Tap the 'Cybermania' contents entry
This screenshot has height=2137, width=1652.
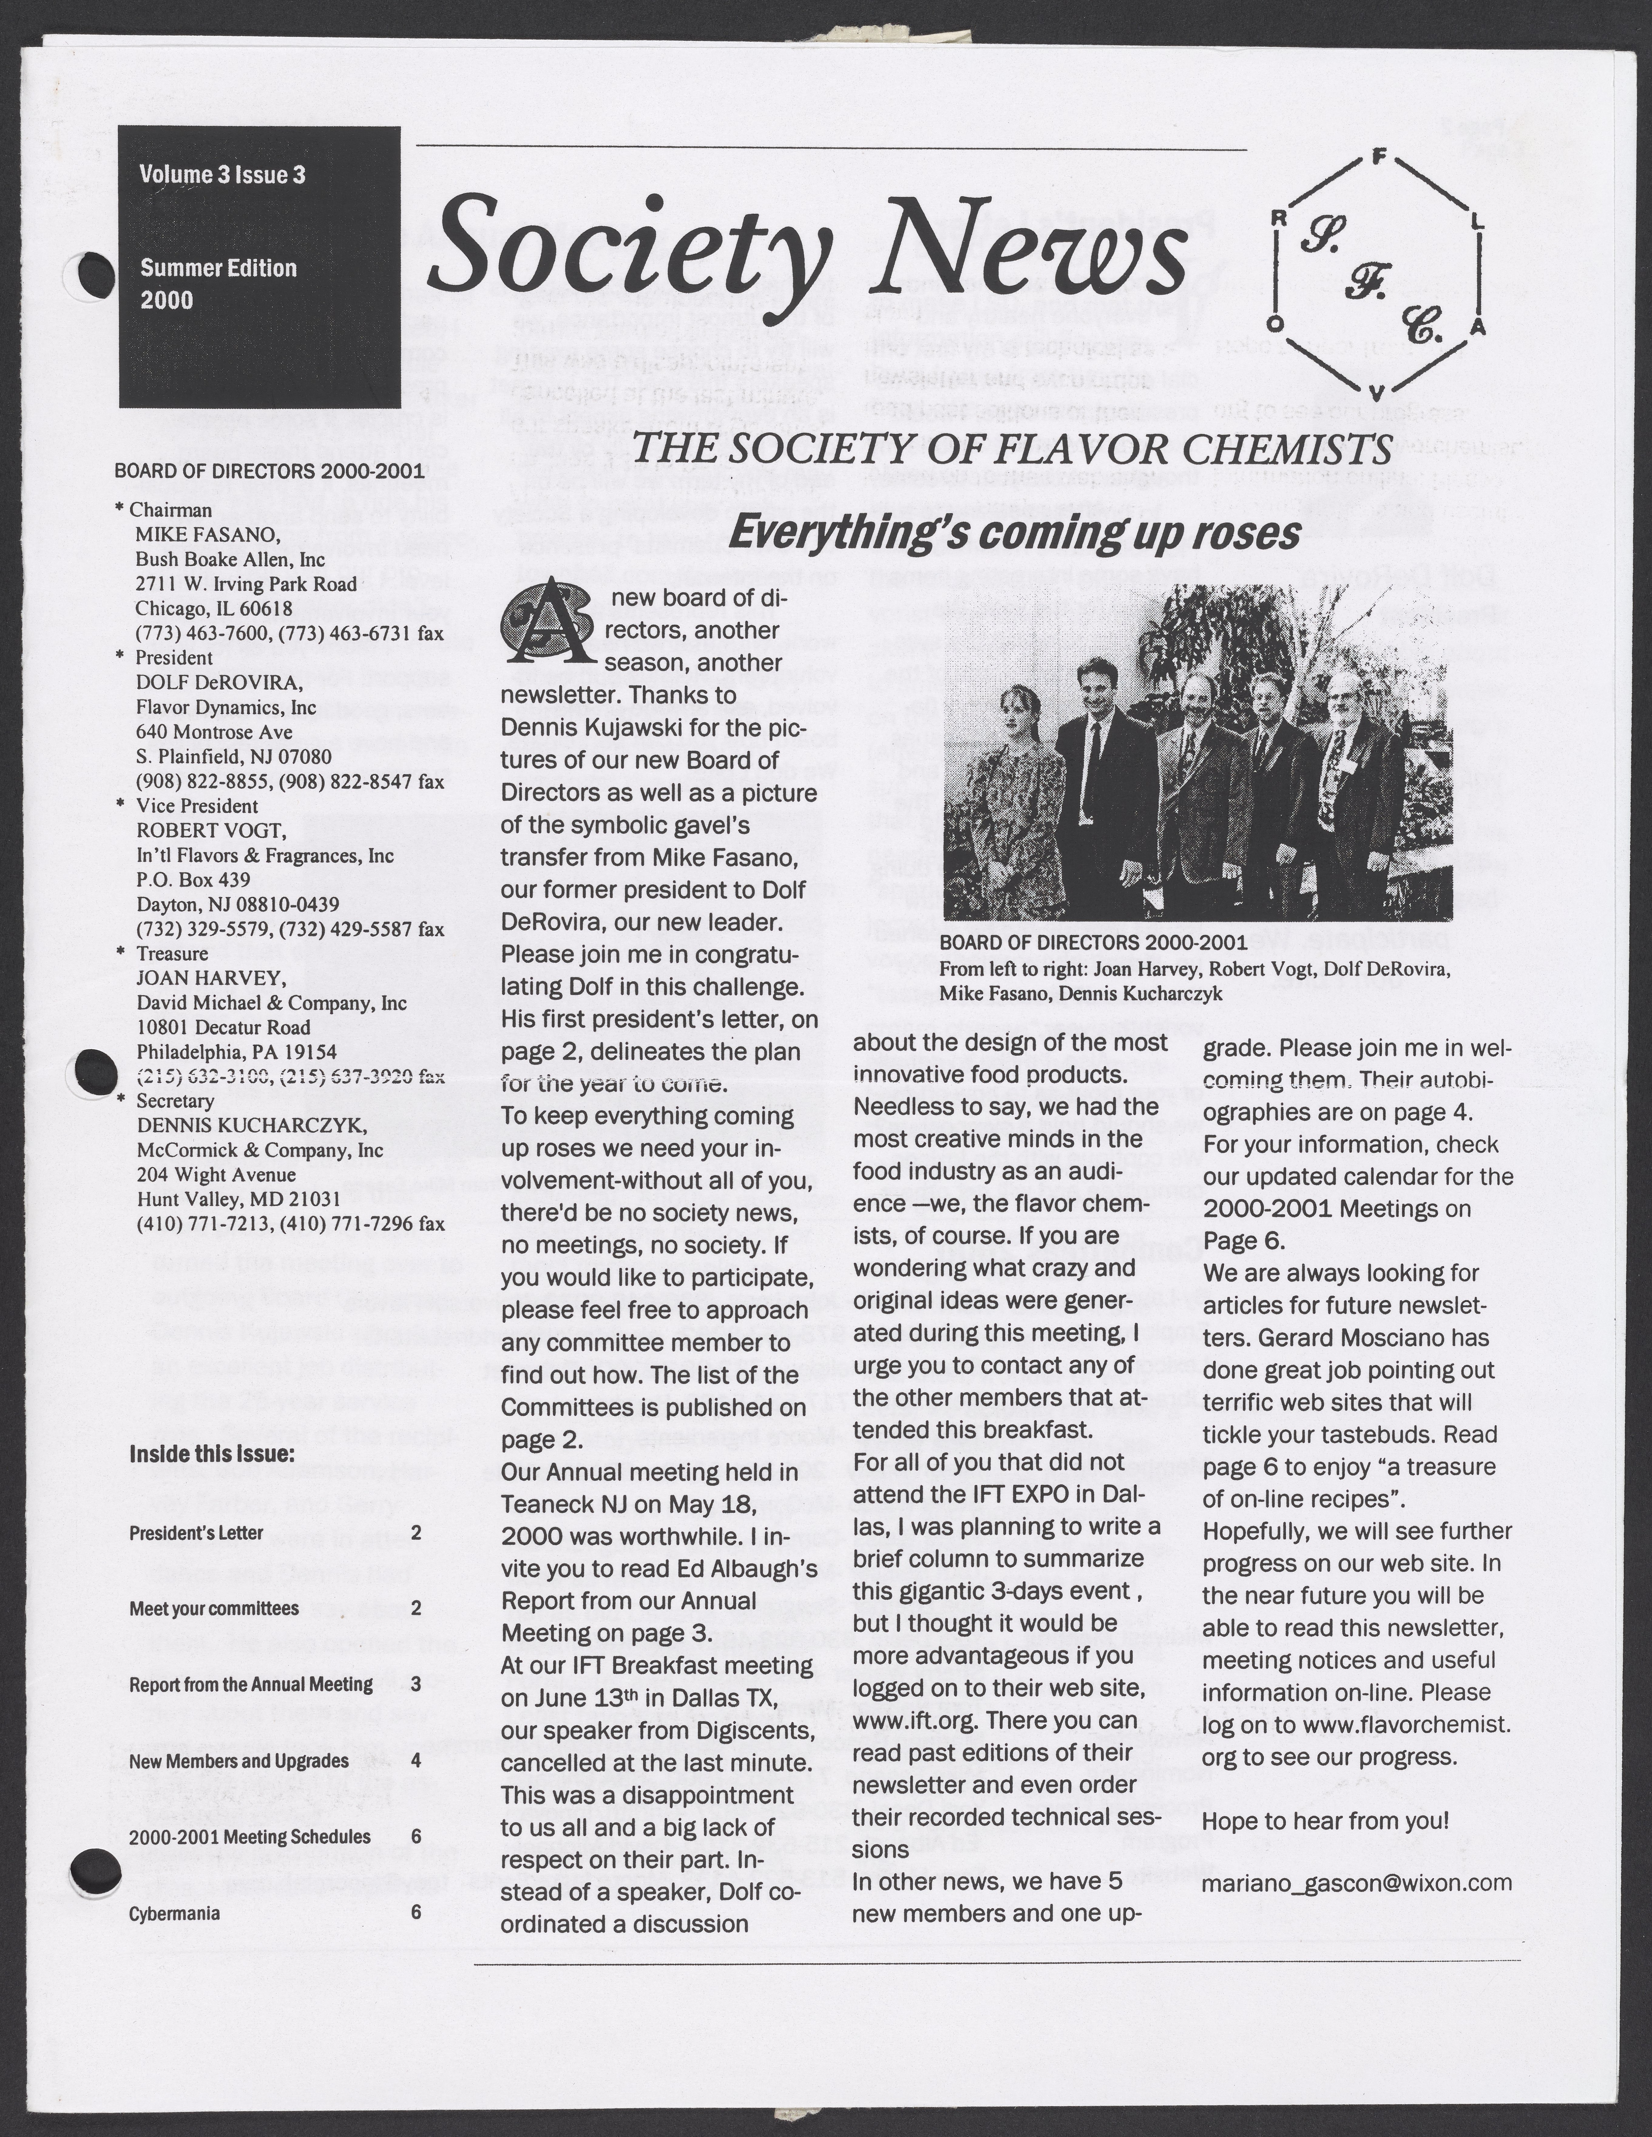point(174,1913)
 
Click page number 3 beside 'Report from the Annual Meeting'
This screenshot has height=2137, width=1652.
point(416,1684)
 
